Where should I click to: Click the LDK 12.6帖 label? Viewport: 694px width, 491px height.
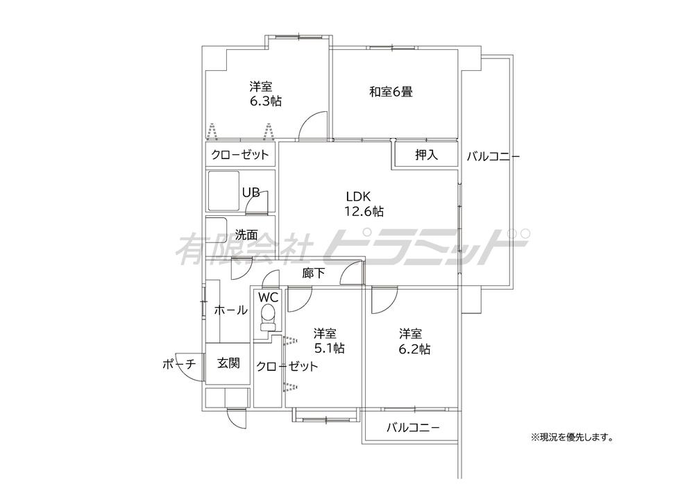[364, 203]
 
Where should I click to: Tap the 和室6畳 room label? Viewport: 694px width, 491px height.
[391, 92]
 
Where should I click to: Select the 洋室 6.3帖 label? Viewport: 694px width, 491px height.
[265, 94]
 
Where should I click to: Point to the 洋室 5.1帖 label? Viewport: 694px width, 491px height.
[329, 341]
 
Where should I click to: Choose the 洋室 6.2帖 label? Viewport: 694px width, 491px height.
[414, 341]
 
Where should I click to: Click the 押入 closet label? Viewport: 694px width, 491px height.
[426, 155]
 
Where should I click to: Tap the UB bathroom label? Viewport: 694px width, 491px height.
[251, 192]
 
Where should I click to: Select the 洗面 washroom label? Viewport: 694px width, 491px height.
[246, 235]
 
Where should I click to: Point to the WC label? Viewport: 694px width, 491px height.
[268, 297]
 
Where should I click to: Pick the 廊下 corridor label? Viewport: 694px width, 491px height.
[314, 274]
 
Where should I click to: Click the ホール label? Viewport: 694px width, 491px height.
[230, 310]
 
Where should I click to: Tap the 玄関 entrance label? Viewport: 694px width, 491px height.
[228, 363]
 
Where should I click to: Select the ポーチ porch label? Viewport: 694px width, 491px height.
[179, 365]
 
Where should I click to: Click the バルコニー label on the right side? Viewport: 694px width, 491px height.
[493, 156]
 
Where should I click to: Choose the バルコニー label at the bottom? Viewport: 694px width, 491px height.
[413, 428]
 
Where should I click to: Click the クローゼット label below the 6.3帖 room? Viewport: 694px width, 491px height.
[240, 155]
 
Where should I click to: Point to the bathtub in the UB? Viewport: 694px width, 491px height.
[224, 191]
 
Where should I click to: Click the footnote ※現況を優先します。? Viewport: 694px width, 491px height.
[573, 438]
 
